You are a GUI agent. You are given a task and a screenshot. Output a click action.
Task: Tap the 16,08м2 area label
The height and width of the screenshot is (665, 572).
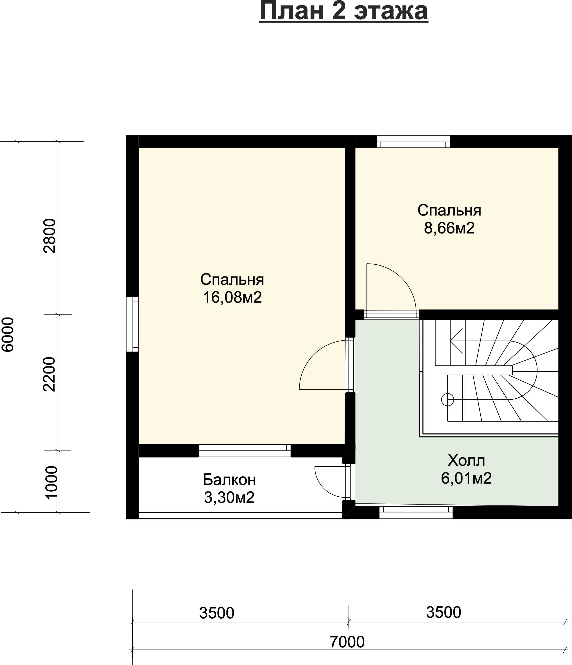(232, 297)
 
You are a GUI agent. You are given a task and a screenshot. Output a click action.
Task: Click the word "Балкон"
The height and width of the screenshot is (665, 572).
(229, 480)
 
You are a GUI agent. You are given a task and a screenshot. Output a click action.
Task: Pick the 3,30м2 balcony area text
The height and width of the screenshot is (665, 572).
(229, 497)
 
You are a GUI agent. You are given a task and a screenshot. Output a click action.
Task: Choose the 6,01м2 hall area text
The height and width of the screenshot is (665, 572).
(466, 478)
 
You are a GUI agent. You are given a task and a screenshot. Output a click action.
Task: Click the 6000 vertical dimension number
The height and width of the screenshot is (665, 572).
(8, 335)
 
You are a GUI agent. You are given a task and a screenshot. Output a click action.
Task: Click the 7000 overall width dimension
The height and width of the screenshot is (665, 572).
(347, 642)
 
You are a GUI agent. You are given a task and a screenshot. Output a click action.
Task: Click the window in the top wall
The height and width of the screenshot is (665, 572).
(413, 142)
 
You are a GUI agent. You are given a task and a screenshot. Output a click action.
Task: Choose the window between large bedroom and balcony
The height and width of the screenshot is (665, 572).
(245, 451)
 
